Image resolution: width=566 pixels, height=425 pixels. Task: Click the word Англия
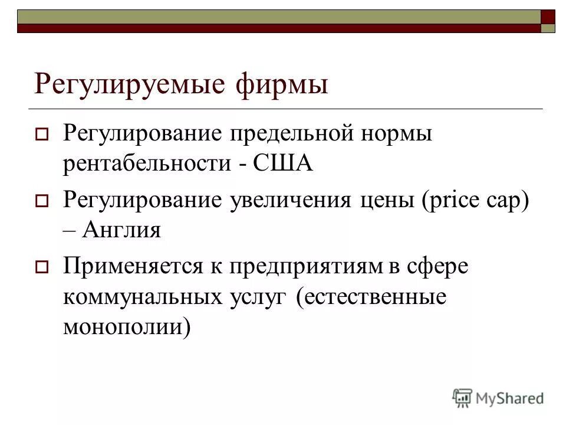[122, 230]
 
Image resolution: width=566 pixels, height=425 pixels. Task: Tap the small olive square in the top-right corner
[548, 28]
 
